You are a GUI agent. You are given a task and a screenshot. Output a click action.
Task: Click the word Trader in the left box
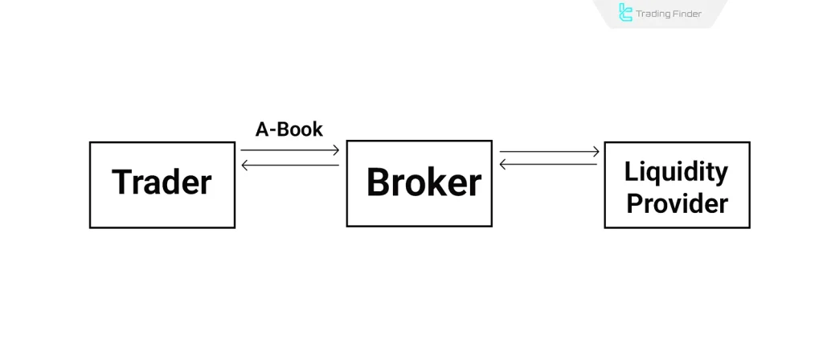[x=162, y=182]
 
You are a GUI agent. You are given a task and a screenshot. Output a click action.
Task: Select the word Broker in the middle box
[x=424, y=183]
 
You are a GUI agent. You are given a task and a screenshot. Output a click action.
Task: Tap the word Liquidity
[x=676, y=171]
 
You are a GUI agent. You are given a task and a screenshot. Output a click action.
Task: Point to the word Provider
[x=677, y=202]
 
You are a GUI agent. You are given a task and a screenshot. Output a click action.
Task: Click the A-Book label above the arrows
[x=289, y=129]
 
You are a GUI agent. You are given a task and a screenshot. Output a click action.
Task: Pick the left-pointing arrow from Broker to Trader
[x=289, y=165]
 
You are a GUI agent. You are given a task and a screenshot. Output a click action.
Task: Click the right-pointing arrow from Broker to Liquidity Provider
[x=549, y=151]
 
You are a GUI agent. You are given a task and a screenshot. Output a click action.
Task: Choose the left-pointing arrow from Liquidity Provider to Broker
[x=549, y=165]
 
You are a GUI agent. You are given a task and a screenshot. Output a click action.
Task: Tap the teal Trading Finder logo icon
[x=625, y=13]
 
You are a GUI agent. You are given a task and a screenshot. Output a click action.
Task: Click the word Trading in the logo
[x=653, y=14]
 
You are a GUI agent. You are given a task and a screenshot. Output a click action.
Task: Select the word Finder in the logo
[x=686, y=14]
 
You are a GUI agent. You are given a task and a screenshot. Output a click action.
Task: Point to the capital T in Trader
[x=121, y=182]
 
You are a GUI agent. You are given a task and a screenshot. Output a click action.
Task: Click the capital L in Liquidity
[x=629, y=171]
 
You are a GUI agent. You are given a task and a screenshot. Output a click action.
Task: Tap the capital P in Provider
[x=634, y=202]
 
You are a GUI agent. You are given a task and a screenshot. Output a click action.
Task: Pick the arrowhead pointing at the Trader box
[x=244, y=165]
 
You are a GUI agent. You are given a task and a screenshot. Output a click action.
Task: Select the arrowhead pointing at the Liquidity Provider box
[x=596, y=151]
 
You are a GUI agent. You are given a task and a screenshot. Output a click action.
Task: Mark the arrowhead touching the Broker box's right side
[x=503, y=165]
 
